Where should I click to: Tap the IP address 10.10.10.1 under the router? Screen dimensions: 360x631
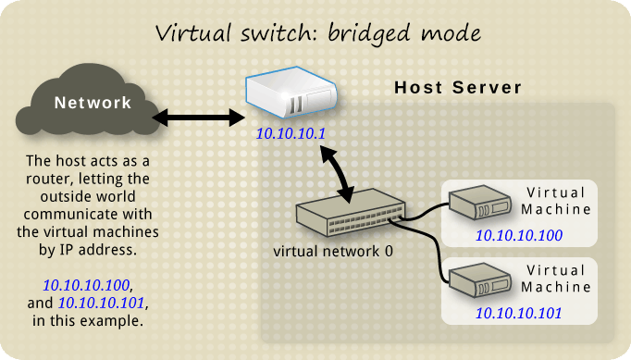291,135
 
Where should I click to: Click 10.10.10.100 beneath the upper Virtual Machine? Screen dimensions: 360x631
518,236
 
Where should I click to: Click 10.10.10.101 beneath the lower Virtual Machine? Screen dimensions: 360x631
518,312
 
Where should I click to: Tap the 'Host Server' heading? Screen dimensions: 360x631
458,88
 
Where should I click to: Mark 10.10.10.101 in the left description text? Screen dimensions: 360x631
102,302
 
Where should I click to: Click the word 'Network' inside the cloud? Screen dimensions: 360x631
93,102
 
